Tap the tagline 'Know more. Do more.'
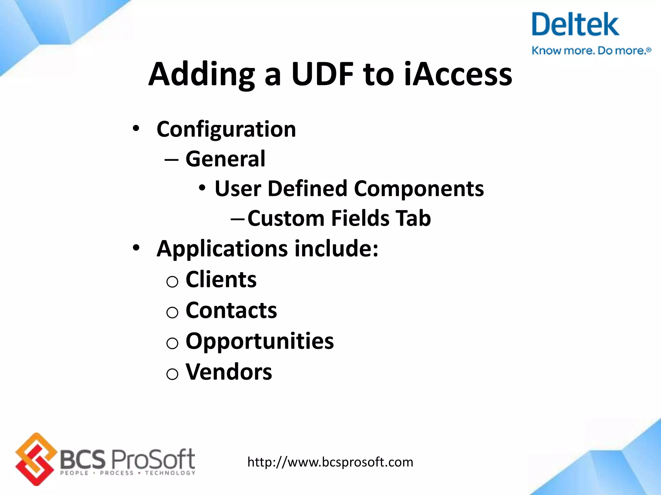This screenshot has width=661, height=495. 591,51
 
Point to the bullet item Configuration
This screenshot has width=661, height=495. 226,129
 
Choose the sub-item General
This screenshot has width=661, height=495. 225,159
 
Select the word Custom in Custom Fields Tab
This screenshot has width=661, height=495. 286,218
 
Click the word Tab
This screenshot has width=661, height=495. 413,218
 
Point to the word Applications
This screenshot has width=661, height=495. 222,249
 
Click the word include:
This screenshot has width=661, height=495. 337,248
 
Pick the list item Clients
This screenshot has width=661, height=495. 221,279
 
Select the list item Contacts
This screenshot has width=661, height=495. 231,310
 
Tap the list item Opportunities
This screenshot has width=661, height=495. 259,341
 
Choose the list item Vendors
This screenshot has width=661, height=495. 229,372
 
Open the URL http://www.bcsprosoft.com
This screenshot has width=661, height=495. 330,462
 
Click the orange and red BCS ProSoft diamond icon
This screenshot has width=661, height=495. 35,459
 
